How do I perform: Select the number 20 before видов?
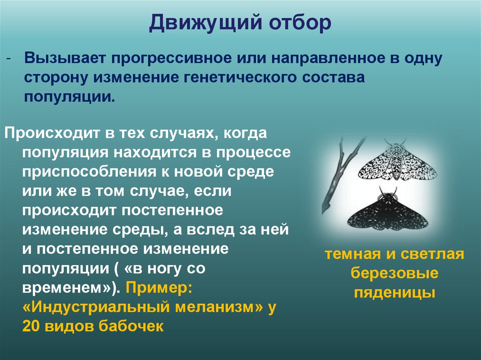32,327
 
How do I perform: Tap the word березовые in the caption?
395,273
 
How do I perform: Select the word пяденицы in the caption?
395,292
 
